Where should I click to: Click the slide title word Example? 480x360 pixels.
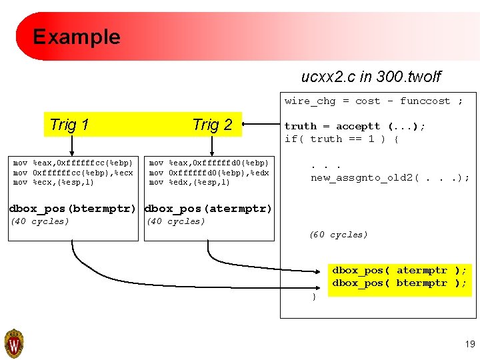[x=77, y=37]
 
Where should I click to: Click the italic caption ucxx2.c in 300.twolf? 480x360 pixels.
[x=371, y=77]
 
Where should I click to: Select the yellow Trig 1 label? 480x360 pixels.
[x=69, y=125]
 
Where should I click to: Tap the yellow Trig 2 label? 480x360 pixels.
[x=212, y=125]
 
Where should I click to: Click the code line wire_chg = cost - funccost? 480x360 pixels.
[x=373, y=101]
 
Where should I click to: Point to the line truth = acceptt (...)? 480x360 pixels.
[x=355, y=126]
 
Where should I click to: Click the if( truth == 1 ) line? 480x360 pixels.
[x=341, y=139]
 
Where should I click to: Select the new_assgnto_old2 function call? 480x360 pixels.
[x=390, y=177]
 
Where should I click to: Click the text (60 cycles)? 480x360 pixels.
[x=338, y=235]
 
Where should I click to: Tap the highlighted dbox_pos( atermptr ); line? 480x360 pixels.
[x=399, y=271]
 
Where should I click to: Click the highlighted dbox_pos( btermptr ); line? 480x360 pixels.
[x=399, y=283]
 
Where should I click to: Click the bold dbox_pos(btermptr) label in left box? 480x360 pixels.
[x=73, y=209]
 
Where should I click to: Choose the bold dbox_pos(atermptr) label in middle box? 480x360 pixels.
[x=209, y=209]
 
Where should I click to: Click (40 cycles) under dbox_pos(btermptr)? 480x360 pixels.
[x=40, y=221]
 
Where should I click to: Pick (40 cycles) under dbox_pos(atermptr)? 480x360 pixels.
[x=176, y=221]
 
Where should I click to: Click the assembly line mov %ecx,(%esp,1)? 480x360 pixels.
[x=54, y=182]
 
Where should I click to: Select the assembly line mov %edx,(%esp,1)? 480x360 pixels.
[x=190, y=182]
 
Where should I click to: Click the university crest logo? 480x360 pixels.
[x=14, y=343]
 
